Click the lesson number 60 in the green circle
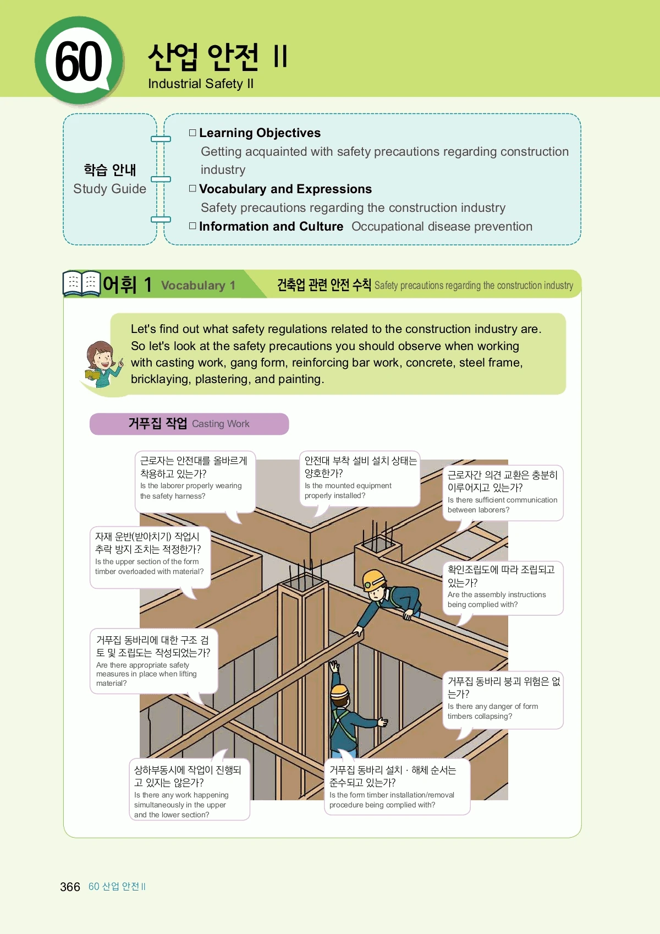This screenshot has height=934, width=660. click(x=78, y=61)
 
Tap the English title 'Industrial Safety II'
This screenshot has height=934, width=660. click(x=201, y=84)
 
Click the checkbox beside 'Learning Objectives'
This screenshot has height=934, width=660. click(x=193, y=133)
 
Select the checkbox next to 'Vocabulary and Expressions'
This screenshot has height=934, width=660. click(x=193, y=188)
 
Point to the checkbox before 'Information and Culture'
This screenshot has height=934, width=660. click(x=193, y=226)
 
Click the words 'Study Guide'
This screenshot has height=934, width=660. click(x=109, y=189)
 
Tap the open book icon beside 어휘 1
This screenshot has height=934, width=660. click(x=81, y=283)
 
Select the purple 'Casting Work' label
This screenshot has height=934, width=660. click(x=189, y=424)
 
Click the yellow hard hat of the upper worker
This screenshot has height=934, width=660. click(x=374, y=579)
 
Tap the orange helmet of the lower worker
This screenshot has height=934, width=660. click(x=339, y=692)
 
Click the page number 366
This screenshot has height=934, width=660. click(x=70, y=887)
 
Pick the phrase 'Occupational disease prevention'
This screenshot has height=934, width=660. click(x=442, y=226)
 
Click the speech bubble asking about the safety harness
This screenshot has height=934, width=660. click(x=195, y=482)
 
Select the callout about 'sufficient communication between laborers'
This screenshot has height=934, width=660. click(x=503, y=493)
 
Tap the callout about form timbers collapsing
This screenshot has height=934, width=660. click(x=503, y=700)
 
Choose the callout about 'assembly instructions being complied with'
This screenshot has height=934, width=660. click(x=503, y=588)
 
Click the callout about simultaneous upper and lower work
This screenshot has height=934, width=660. click(x=190, y=789)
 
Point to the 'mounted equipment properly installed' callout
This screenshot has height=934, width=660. click(x=360, y=479)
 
